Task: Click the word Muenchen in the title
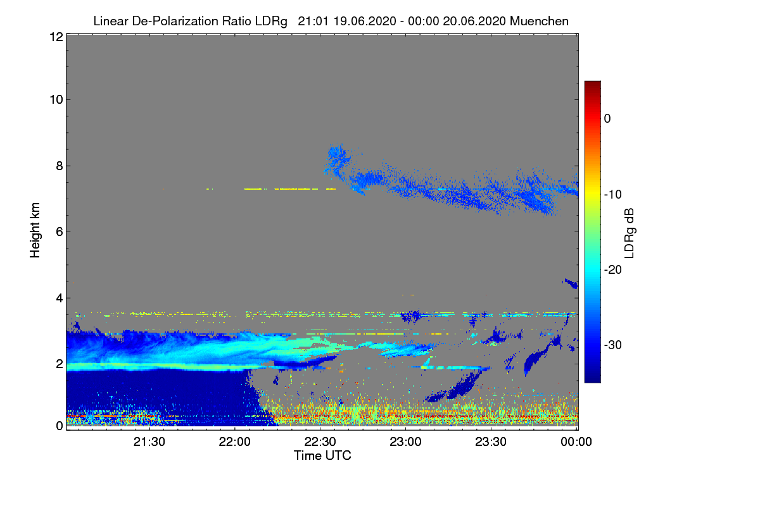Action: pos(539,21)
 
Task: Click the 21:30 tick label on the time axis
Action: pos(149,442)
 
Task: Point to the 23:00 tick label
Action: pos(406,442)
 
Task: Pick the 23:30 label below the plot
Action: pos(491,442)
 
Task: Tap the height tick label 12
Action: pos(56,37)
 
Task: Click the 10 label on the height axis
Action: pos(56,100)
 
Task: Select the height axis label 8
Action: pos(59,166)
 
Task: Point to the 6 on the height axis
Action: pos(59,231)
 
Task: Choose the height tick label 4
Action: pos(59,297)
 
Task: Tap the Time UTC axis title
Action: pos(322,455)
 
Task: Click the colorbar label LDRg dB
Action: pos(630,232)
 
